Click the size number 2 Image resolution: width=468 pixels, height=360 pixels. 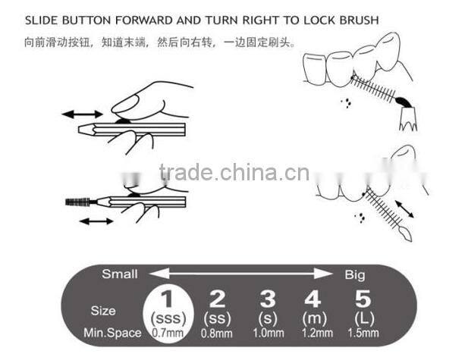pyautogui.click(x=218, y=297)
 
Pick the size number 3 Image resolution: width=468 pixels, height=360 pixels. pyautogui.click(x=267, y=297)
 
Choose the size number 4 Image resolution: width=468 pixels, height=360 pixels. pyautogui.click(x=313, y=297)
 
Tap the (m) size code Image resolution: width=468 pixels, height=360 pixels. pyautogui.click(x=313, y=317)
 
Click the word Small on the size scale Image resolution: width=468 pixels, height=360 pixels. pyautogui.click(x=119, y=274)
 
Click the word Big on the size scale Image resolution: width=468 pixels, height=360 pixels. pyautogui.click(x=354, y=275)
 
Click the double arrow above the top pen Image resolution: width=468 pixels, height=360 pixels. pyautogui.click(x=78, y=114)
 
